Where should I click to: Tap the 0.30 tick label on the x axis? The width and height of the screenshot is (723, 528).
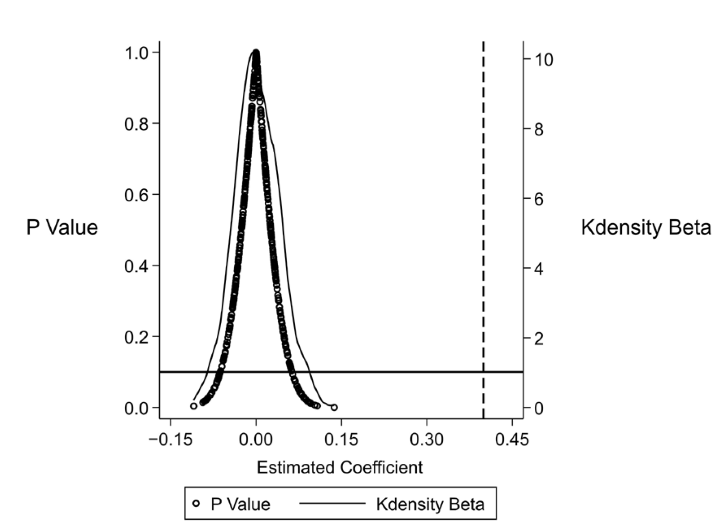click(x=427, y=440)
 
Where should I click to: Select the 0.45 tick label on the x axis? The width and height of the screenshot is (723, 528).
click(x=512, y=440)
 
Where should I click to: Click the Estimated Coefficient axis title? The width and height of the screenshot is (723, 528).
click(x=340, y=468)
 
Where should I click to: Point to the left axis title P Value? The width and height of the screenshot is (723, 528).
click(x=62, y=227)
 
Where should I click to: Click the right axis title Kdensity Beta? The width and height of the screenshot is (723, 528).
click(x=646, y=227)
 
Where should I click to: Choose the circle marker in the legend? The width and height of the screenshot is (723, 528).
click(x=196, y=504)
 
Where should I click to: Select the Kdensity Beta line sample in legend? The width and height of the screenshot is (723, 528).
click(x=332, y=504)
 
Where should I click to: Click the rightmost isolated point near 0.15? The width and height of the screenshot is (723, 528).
click(x=334, y=407)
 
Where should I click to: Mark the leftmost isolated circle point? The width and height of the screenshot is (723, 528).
click(x=194, y=406)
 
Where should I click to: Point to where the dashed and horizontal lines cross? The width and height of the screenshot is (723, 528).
click(x=483, y=372)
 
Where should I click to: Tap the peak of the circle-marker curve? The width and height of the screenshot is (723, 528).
click(x=256, y=53)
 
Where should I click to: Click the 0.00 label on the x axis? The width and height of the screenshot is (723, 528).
click(x=256, y=440)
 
